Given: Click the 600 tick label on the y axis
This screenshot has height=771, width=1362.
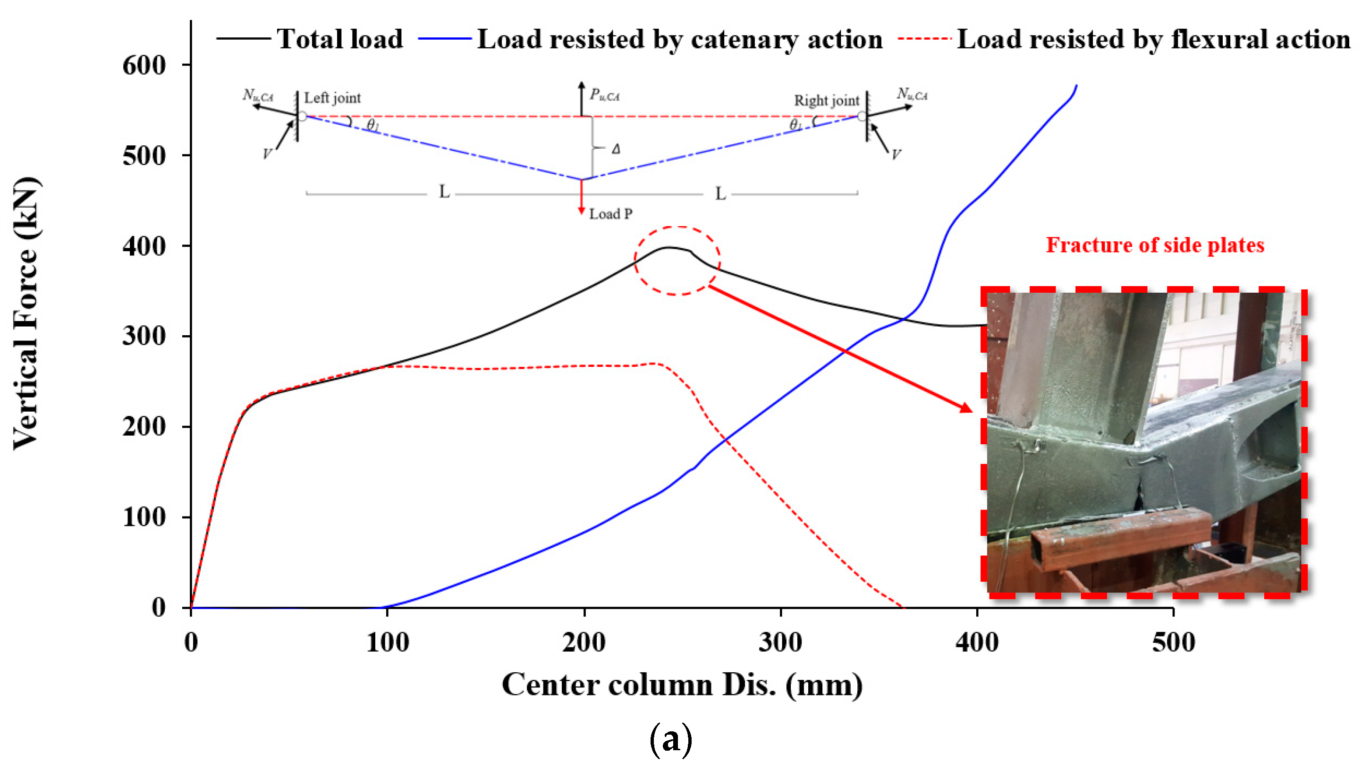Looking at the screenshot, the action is [144, 66].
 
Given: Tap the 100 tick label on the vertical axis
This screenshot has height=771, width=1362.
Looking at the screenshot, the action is [144, 517].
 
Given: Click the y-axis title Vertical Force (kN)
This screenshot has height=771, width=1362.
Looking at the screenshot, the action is [25, 313].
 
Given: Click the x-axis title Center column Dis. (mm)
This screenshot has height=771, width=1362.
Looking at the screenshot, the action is [682, 685].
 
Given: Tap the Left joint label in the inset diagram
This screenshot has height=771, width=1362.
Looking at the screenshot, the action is [332, 98].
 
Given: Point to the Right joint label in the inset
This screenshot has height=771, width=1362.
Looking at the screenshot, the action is [826, 101].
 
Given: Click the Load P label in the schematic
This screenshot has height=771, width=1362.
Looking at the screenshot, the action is [610, 214].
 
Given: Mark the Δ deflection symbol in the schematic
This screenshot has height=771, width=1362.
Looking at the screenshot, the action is [616, 149].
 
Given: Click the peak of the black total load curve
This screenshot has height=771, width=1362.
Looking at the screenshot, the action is [668, 247].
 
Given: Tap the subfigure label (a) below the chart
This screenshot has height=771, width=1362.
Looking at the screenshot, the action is [670, 740].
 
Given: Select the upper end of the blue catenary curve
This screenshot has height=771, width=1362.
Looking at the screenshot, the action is [1076, 86].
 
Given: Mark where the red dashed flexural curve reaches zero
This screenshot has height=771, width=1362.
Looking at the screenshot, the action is [902, 607].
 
